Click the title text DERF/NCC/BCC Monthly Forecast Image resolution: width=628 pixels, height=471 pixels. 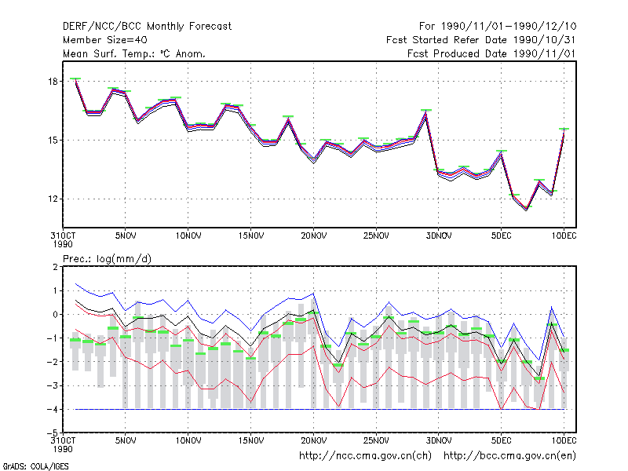pos(147,27)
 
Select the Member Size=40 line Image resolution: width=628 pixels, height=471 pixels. pos(105,40)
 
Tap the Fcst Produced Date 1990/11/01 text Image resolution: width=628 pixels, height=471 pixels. pos(491,53)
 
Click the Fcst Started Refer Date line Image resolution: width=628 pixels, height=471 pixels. pos(480,40)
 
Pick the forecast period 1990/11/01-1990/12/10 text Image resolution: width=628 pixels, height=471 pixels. pos(498,27)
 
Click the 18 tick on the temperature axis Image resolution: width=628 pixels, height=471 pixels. pos(53,82)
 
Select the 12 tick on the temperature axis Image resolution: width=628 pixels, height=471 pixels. pos(53,199)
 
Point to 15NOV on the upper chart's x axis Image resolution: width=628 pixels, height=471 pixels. pos(251,236)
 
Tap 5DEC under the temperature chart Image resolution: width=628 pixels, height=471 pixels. pos(502,236)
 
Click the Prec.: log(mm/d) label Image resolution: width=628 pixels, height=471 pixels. pos(107,259)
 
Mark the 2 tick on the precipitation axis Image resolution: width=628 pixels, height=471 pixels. pos(55,267)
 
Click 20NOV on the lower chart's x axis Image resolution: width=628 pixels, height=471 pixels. pos(313,440)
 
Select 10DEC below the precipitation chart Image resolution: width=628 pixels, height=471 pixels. pos(564,440)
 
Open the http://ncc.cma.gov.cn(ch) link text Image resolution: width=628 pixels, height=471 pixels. pos(365,456)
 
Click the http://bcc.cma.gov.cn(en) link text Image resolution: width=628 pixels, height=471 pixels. pos(509,456)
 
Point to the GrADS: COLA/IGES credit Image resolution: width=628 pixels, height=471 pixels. pos(35,466)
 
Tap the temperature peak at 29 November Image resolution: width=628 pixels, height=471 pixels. pos(426,111)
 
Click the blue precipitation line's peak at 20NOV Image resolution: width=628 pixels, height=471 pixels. pos(313,294)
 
